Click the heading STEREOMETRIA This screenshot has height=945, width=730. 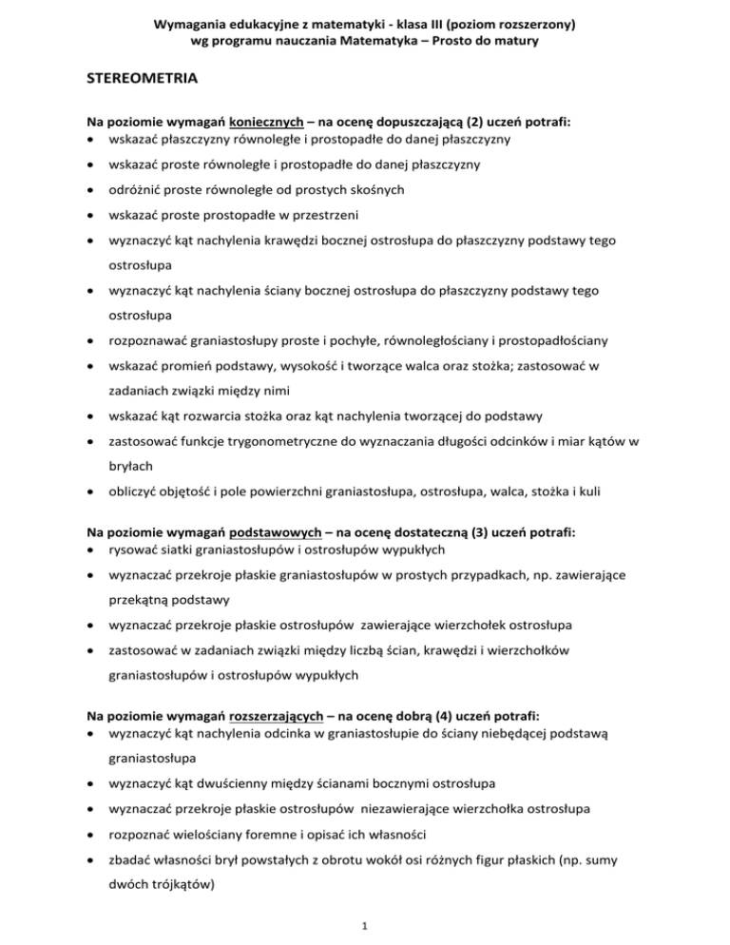click(142, 80)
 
